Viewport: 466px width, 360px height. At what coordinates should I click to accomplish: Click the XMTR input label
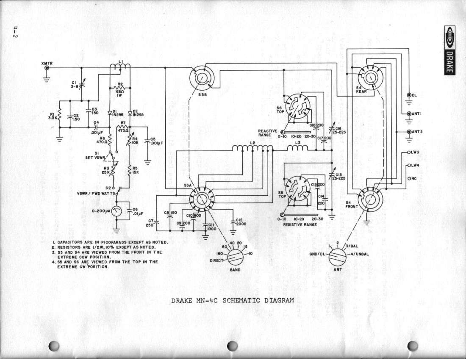tap(47, 63)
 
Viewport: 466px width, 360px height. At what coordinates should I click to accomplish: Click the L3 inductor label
tap(298, 143)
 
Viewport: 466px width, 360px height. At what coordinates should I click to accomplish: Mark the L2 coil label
tap(253, 143)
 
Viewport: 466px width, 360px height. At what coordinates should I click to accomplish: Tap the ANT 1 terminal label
tap(418, 114)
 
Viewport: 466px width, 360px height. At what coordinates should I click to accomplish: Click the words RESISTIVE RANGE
tap(300, 224)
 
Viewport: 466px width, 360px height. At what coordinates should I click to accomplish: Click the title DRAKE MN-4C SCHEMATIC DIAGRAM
tap(232, 301)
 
